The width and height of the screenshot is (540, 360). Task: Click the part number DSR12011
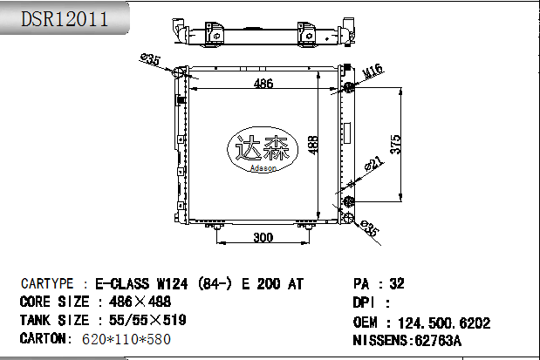[65, 18]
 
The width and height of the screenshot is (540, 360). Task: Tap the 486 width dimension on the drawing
[263, 84]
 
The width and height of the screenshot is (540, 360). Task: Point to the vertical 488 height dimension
[313, 145]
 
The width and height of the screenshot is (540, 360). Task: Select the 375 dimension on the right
[396, 144]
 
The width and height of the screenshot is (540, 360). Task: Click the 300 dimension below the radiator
[263, 237]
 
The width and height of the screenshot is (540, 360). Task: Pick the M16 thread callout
[373, 71]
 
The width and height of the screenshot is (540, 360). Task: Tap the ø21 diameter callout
[373, 163]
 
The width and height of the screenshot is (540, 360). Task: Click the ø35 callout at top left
[151, 59]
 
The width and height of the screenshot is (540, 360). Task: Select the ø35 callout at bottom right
[370, 228]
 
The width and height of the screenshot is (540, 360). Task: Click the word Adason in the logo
[263, 168]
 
